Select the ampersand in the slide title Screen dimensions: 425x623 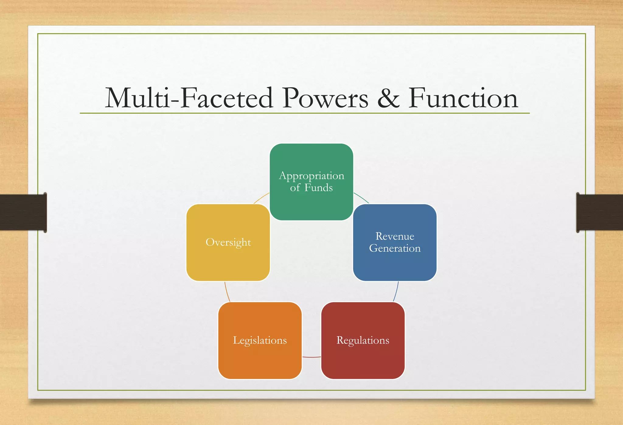click(x=388, y=98)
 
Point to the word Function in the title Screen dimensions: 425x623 click(x=463, y=98)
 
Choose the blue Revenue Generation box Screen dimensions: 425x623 click(x=395, y=265)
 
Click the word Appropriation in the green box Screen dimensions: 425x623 click(x=311, y=176)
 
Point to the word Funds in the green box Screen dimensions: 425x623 click(x=318, y=188)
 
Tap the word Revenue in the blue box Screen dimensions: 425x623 click(x=395, y=236)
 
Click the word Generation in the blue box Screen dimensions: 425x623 click(x=395, y=248)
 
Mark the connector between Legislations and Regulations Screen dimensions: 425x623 click(x=311, y=357)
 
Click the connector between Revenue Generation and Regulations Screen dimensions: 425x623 click(x=396, y=291)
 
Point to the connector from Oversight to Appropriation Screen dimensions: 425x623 click(x=261, y=198)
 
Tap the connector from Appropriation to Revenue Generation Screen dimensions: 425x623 click(x=361, y=197)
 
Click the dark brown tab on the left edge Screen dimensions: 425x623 click(x=23, y=212)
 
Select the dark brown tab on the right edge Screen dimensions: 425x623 click(x=600, y=212)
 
